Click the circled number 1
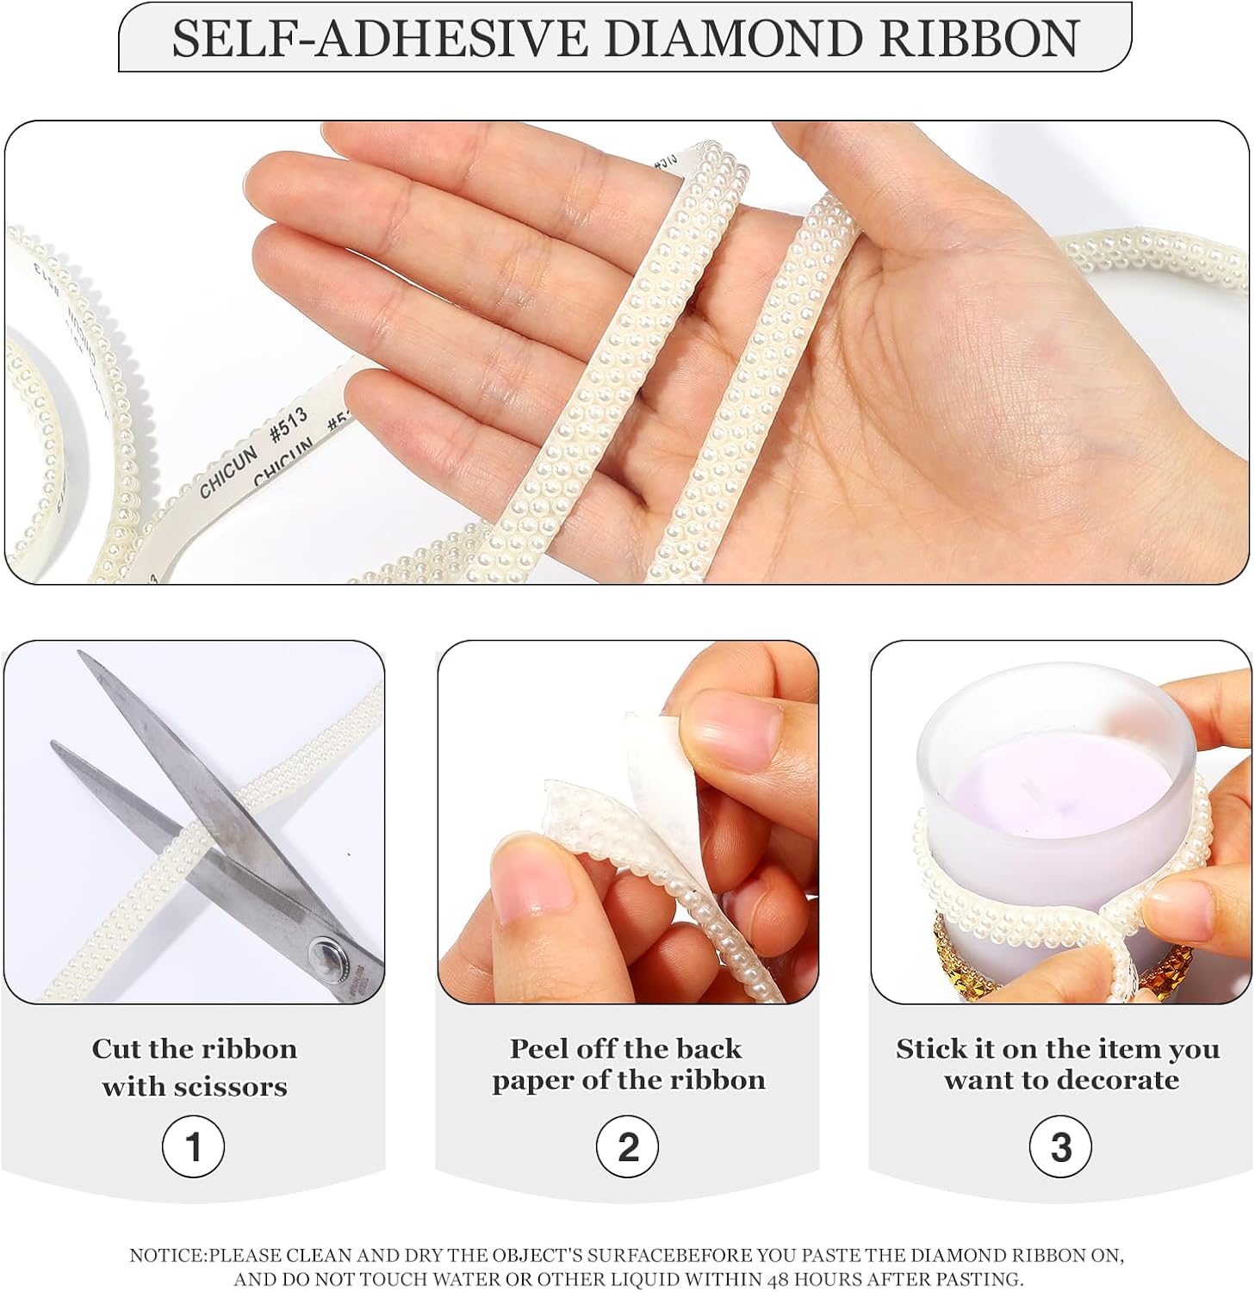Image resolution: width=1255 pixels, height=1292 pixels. click(x=193, y=1147)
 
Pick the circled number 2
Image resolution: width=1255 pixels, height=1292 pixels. click(x=628, y=1147)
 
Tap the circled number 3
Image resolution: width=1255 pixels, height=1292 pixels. click(x=1061, y=1147)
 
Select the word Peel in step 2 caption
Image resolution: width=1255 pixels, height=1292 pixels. click(x=538, y=1049)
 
